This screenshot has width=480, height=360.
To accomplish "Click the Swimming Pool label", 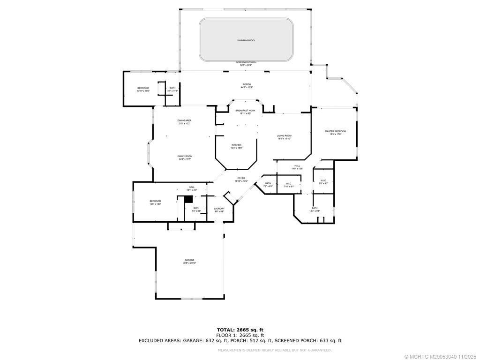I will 246,40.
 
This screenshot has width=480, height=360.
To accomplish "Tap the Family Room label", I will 185,157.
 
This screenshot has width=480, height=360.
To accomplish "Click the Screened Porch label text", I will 246,63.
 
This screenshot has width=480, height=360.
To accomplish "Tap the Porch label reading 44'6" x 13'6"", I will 247,86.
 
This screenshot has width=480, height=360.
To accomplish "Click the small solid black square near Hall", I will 188,199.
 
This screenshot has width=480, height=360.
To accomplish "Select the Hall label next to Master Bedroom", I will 297,167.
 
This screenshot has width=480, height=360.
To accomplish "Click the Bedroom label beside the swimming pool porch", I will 143,90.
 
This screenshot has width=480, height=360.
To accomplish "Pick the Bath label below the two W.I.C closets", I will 315,209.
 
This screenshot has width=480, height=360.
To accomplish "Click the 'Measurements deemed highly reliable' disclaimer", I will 275,350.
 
